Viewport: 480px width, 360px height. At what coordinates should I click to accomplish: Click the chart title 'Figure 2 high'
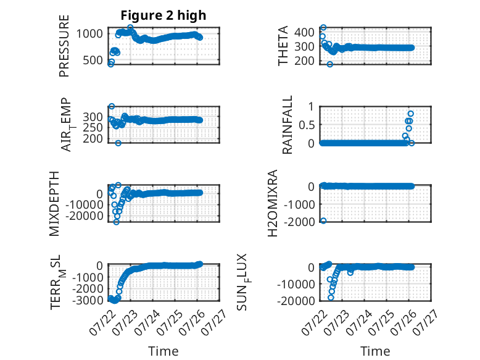pos(163,15)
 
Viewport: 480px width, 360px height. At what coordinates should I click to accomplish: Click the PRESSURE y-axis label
pos(64,46)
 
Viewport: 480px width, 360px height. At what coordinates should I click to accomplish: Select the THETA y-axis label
pos(283,46)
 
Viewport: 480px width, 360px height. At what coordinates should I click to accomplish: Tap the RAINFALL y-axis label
pos(287,125)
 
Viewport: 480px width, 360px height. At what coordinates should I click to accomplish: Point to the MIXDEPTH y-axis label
pos(54,204)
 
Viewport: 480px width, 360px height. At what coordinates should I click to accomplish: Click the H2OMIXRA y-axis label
pos(273,203)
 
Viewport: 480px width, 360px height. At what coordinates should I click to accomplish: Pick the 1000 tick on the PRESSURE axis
pos(89,33)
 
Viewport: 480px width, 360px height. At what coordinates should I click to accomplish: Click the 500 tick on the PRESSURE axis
pos(93,60)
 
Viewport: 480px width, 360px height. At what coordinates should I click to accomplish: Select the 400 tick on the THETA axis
pos(304,32)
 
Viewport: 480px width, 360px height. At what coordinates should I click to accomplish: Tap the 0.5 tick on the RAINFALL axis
pos(307,125)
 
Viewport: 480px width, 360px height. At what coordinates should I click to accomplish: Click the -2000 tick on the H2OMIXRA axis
pos(299,222)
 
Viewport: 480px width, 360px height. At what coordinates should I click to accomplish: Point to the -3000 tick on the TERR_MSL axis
pos(88,300)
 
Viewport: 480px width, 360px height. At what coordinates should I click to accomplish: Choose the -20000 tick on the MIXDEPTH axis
pos(84,216)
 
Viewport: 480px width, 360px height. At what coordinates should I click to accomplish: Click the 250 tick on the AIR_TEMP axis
pos(93,127)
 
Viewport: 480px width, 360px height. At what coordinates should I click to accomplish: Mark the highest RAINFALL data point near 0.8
pos(410,114)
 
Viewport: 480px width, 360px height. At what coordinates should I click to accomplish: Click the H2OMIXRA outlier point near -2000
pos(323,220)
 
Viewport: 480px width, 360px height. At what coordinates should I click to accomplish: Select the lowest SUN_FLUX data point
pos(331,298)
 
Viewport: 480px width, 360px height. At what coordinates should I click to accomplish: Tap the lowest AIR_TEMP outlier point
pos(118,143)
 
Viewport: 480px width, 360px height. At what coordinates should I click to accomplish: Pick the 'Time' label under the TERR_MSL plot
pos(163,351)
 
